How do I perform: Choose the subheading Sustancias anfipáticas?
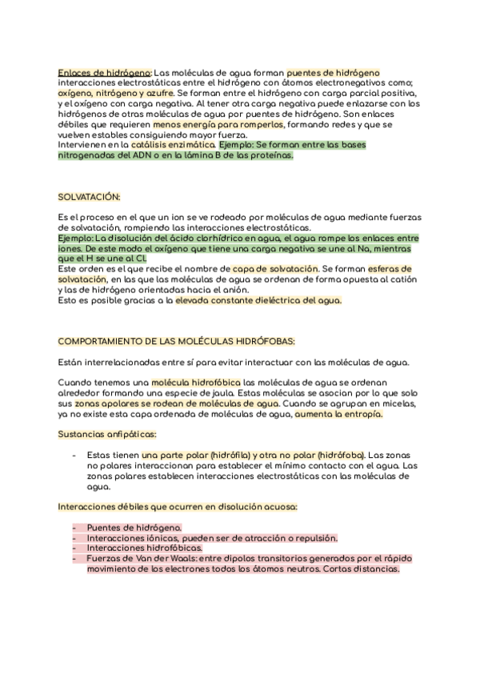[107, 434]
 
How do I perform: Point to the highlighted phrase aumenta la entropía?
[338, 415]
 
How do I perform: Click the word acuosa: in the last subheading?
[278, 506]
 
